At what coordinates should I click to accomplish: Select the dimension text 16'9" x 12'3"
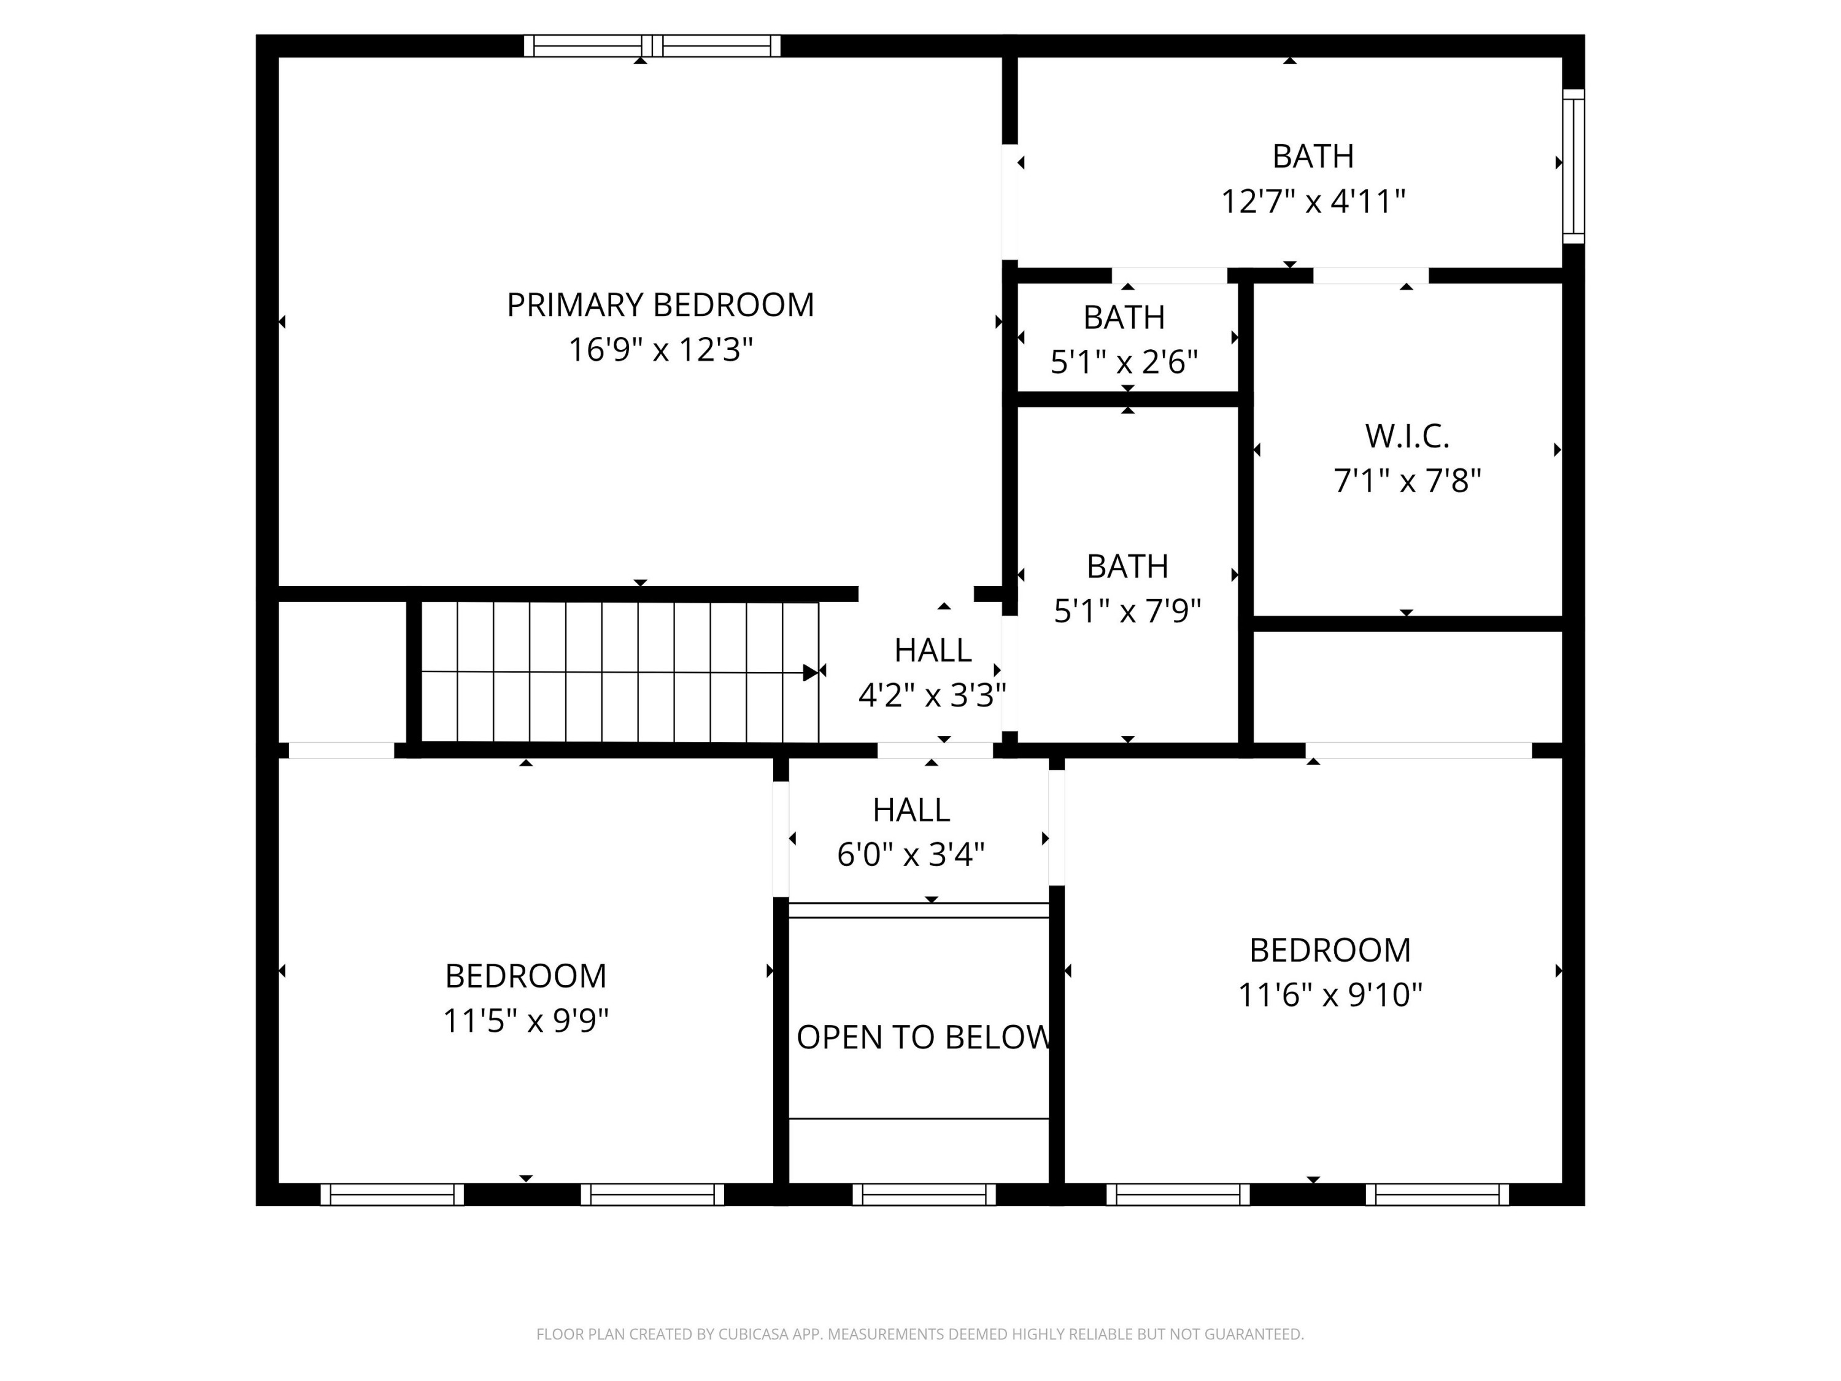pyautogui.click(x=660, y=350)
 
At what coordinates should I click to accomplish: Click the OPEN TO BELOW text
pyautogui.click(x=922, y=1037)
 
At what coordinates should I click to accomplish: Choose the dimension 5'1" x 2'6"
pyautogui.click(x=1124, y=363)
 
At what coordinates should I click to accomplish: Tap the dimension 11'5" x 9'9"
pyautogui.click(x=525, y=1021)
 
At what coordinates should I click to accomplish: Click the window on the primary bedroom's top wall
pyautogui.click(x=652, y=46)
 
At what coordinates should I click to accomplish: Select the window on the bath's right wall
pyautogui.click(x=1572, y=166)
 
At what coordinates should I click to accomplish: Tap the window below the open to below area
pyautogui.click(x=924, y=1194)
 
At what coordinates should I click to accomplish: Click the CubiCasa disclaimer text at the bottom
pyautogui.click(x=920, y=1334)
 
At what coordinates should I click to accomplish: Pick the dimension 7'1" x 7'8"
pyautogui.click(x=1407, y=481)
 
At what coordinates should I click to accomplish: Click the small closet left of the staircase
pyautogui.click(x=341, y=671)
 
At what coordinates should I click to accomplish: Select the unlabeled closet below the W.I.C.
pyautogui.click(x=1407, y=687)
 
